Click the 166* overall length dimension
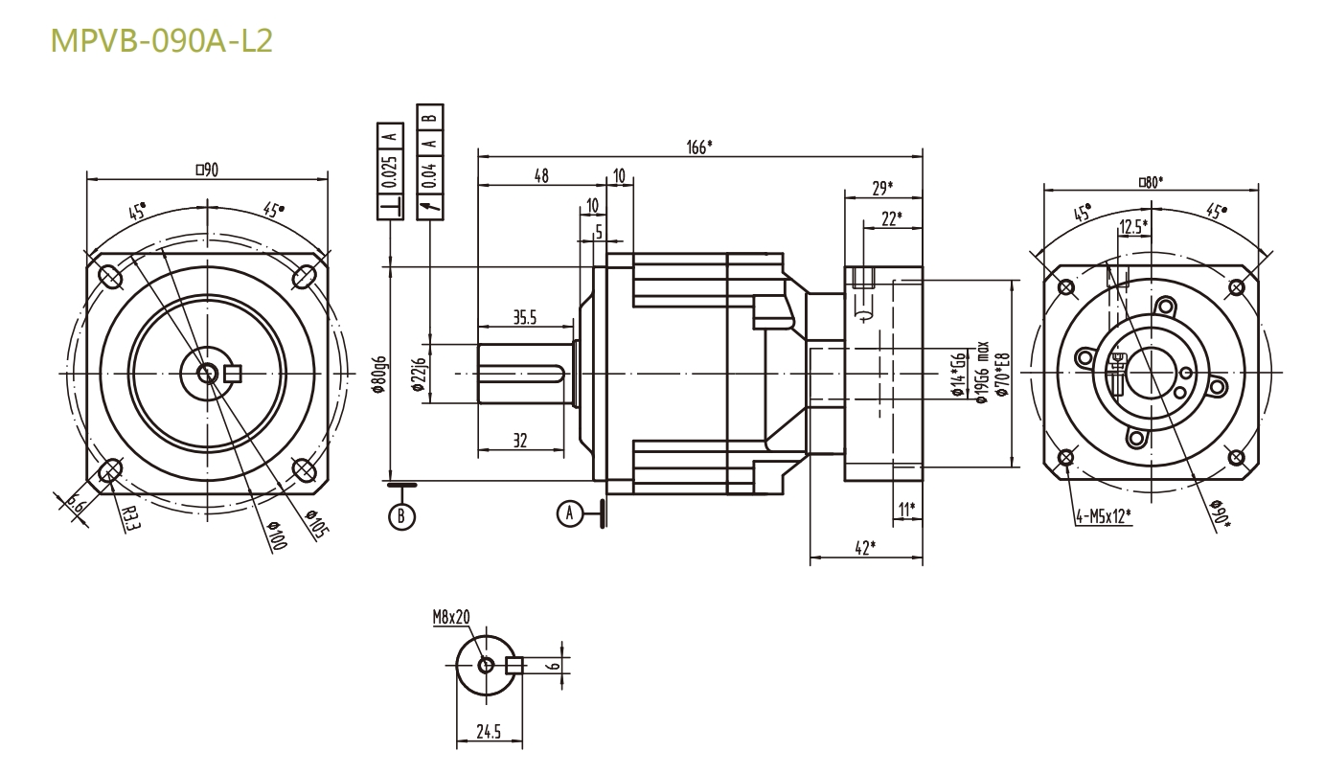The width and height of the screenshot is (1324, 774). coord(700,147)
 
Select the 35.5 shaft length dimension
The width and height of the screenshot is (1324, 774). coord(523,319)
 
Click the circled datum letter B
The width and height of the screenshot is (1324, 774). coord(402,515)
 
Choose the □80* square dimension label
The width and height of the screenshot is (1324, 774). coord(1151,180)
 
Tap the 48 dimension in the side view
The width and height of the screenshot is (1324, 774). coord(540,176)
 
